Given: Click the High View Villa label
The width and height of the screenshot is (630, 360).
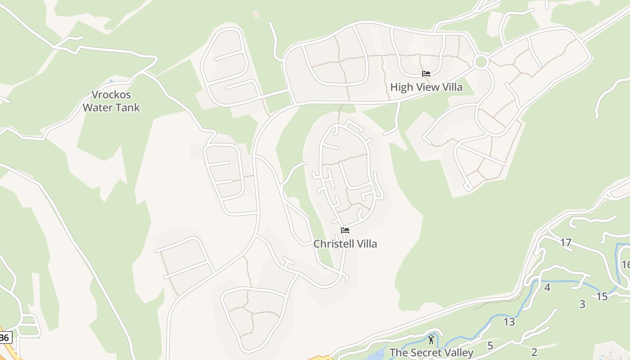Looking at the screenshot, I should [426, 87].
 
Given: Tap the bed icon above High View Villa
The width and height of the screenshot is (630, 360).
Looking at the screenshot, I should [426, 74].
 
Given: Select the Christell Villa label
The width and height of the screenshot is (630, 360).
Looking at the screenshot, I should [345, 244].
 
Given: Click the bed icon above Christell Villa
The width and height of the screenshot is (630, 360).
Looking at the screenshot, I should [345, 230].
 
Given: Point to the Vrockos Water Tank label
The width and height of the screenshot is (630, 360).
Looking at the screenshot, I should [111, 101].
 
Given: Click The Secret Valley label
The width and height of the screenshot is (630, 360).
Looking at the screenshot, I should [431, 353].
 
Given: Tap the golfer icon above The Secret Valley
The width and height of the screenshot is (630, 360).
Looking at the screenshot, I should [432, 339].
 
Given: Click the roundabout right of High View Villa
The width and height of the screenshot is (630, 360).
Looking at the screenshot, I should [481, 62].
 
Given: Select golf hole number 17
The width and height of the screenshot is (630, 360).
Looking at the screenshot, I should [566, 243].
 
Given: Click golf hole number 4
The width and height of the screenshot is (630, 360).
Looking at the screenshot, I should [547, 288].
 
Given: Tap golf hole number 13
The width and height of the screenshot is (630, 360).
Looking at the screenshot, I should [509, 322].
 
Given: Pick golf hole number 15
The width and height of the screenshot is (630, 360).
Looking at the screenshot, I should [602, 297].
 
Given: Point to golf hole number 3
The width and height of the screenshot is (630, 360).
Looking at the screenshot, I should [582, 304].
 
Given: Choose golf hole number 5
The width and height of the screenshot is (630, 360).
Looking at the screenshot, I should [490, 346].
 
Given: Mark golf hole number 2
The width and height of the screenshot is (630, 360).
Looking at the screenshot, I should [535, 352].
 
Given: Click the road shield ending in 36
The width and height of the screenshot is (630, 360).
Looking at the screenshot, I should [5, 337].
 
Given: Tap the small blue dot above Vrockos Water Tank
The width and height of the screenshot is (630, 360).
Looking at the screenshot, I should [111, 81].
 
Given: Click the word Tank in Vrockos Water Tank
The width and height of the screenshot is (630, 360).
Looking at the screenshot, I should [127, 108].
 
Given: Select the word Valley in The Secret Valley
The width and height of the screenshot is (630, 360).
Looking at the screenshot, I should [458, 353].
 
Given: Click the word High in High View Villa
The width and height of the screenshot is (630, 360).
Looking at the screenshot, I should [400, 87].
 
